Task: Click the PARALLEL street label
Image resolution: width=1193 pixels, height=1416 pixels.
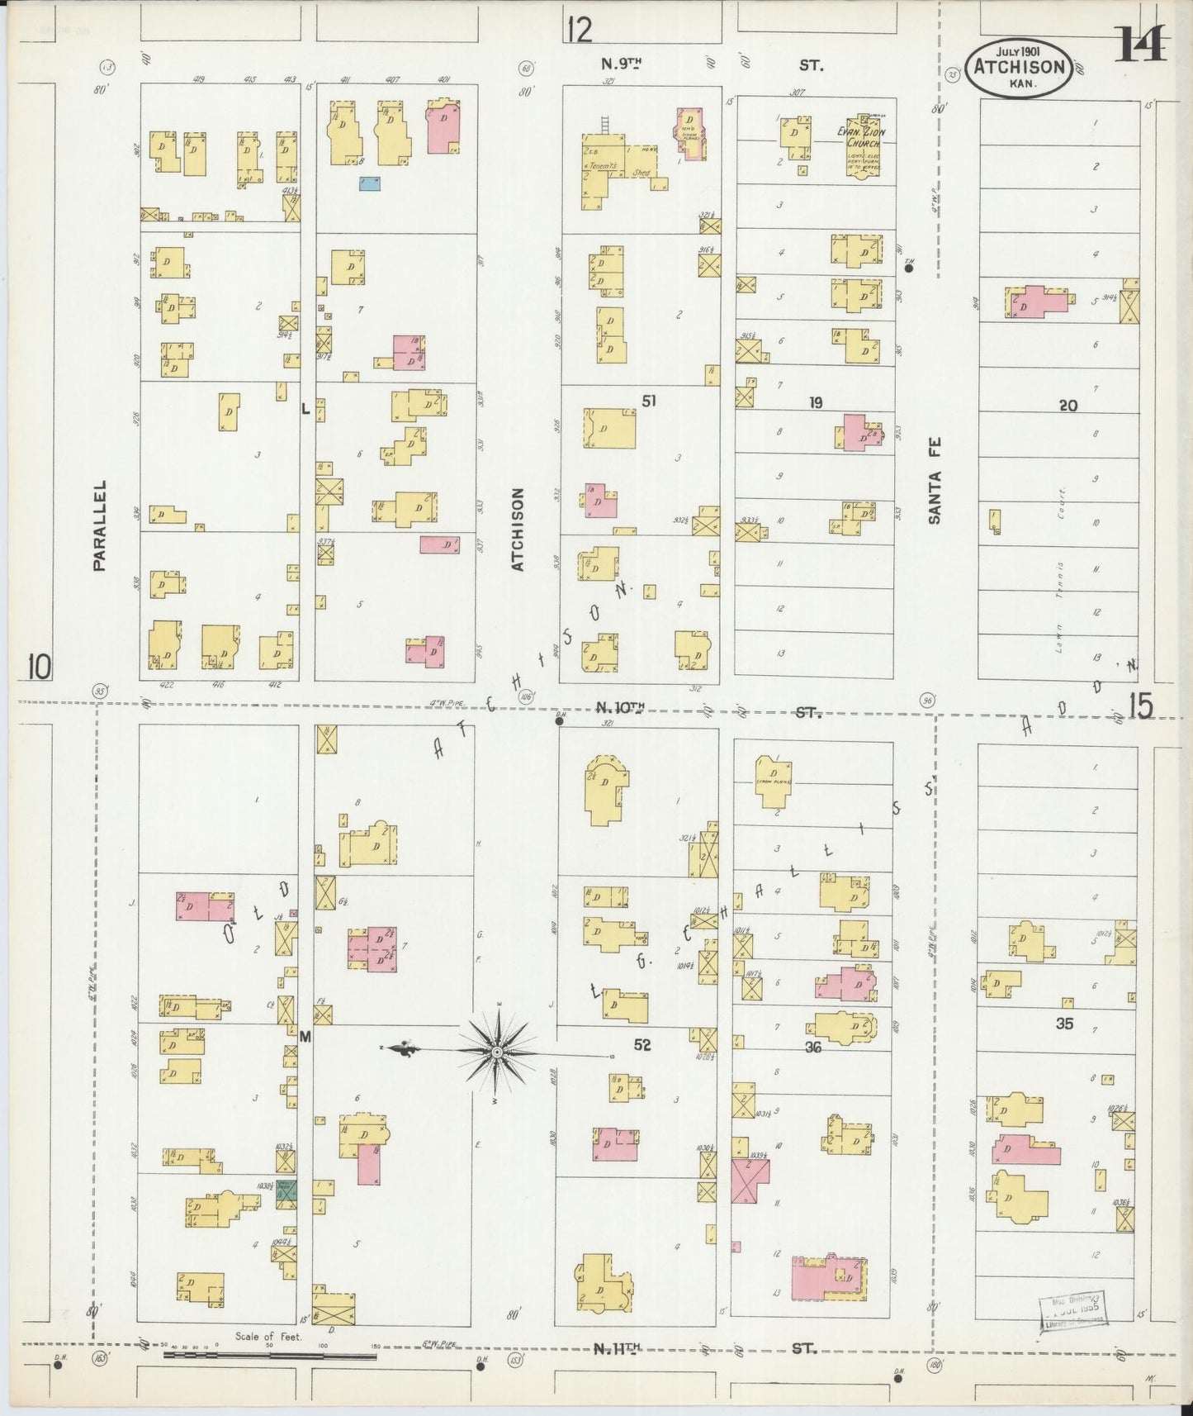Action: pos(100,525)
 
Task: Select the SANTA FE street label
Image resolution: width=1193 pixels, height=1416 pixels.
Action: pos(935,480)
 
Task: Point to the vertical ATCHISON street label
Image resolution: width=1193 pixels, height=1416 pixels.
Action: pos(518,529)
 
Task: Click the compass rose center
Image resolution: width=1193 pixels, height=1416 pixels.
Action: pos(498,1052)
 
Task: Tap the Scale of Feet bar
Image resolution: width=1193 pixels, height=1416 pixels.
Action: pos(269,1355)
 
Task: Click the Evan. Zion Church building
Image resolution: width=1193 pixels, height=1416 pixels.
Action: pos(863,145)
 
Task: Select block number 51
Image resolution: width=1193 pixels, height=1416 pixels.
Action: pos(650,402)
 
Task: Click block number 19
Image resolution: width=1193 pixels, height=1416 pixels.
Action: pos(816,403)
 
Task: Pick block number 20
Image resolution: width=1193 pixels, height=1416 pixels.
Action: pos(1068,405)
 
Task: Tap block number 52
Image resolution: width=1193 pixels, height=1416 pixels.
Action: pos(642,1045)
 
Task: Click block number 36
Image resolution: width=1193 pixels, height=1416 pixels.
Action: pos(813,1048)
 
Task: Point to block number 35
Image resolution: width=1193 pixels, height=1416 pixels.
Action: pos(1064,1024)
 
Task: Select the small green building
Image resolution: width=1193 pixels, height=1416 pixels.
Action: pos(286,1190)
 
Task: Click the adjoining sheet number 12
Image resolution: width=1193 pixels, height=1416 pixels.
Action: pos(580,31)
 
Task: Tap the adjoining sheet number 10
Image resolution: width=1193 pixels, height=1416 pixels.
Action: pos(38,666)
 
